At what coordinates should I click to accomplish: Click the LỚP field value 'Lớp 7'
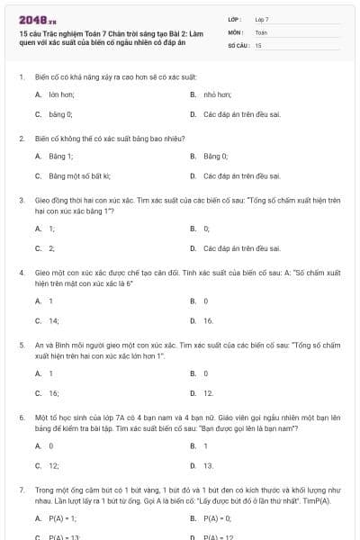pos(262,19)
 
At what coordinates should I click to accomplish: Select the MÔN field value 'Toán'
pos(261,31)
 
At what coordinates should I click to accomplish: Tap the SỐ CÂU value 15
pos(258,44)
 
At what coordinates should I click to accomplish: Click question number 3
pos(21,200)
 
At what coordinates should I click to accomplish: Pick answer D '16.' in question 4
pos(208,320)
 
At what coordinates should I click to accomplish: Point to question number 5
pos(21,345)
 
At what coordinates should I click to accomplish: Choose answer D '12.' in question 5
pos(208,393)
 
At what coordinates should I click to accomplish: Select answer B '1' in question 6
pos(205,445)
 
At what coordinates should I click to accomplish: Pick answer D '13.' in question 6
pos(208,466)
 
